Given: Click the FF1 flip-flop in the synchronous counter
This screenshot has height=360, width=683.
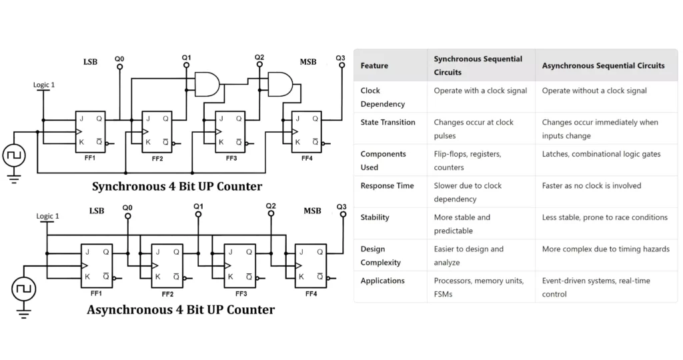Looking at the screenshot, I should click(89, 131).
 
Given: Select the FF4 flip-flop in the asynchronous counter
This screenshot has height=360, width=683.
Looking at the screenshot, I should click(311, 265).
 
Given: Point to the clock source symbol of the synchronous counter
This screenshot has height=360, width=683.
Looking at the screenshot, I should click(13, 156).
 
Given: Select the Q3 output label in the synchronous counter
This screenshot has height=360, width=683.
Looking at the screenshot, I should click(340, 59).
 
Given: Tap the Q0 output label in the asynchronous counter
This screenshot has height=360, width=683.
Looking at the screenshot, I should click(127, 208).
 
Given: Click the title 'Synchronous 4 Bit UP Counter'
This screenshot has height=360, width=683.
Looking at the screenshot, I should click(177, 186).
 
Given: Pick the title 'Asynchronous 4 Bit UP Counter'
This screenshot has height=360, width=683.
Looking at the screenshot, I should click(180, 309).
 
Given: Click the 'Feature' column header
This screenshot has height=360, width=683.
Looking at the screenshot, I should click(374, 65).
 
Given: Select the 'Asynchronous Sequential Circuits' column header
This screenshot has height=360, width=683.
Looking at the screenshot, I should click(603, 65).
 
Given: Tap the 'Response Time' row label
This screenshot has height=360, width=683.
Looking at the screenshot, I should click(387, 185).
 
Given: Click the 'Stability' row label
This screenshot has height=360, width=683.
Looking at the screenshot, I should click(375, 217).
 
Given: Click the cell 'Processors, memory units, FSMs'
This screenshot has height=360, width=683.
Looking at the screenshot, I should click(478, 287).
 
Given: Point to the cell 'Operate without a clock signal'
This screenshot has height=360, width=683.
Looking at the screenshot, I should click(594, 91).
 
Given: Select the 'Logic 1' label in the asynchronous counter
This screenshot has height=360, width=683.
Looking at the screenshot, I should click(47, 216).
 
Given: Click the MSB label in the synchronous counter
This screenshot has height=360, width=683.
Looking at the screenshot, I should click(307, 62).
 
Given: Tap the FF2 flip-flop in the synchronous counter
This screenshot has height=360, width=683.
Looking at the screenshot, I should click(157, 131).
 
